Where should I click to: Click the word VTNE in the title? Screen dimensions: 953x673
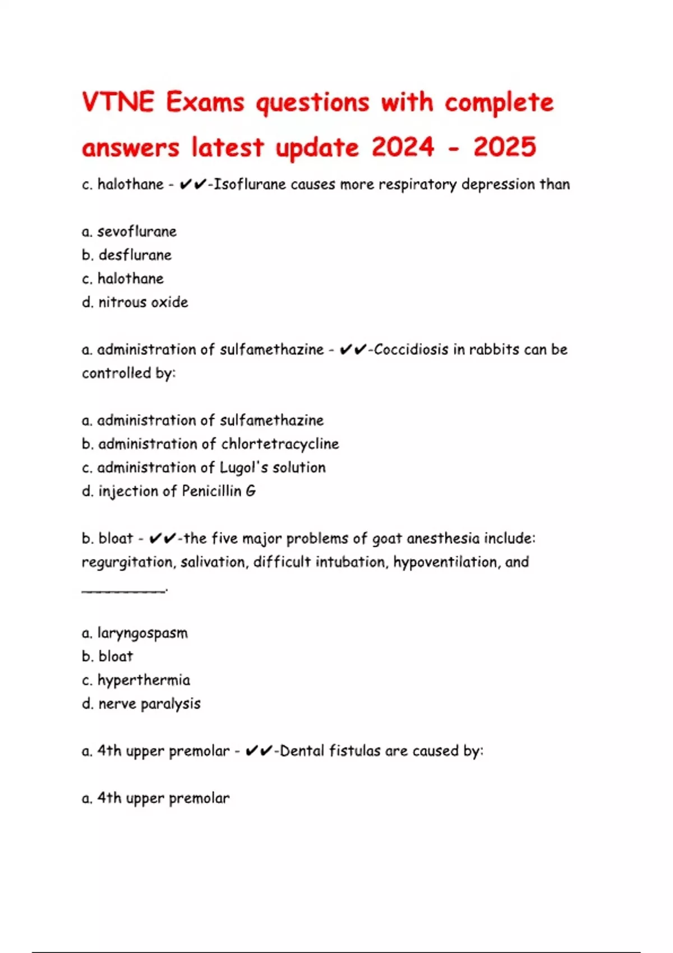[118, 103]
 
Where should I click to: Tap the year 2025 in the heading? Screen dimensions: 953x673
[504, 147]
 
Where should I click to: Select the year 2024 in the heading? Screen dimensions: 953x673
[403, 147]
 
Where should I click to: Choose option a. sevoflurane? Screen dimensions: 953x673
[129, 232]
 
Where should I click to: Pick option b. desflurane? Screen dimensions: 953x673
[127, 255]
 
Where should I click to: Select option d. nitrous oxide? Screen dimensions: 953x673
[135, 302]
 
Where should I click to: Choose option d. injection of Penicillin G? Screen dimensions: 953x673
[169, 491]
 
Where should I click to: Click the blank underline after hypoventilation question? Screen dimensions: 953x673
[124, 588]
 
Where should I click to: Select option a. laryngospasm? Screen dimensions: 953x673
[135, 633]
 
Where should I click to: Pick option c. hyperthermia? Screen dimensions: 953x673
[136, 680]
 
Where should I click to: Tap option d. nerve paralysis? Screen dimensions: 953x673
[141, 704]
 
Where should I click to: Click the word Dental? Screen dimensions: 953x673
[302, 751]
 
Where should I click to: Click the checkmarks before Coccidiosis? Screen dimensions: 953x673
[353, 350]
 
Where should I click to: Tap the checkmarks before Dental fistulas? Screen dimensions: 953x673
[259, 751]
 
